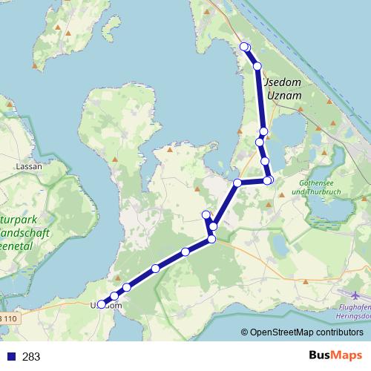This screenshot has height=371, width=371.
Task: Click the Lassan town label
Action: pos(30,168)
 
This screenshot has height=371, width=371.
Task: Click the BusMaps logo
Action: pos(335,356)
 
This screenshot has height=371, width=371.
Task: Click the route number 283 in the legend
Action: pos(31,357)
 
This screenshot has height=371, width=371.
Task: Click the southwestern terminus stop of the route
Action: pos(102,304)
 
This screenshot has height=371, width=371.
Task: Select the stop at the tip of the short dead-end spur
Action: pos(206,214)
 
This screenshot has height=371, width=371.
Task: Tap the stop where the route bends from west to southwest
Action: pos(237,183)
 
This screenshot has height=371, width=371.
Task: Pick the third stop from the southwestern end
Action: pos(127,287)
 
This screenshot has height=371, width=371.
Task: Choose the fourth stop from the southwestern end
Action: pos(156,268)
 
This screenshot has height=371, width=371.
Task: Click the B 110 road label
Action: pos(7,319)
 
